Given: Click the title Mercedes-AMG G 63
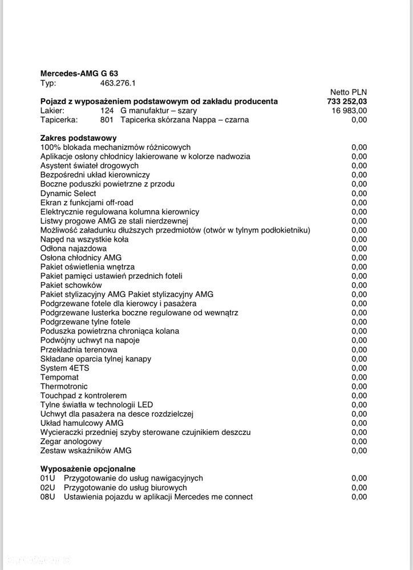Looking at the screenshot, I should pyautogui.click(x=79, y=74).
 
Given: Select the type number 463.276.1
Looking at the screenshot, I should pyautogui.click(x=118, y=83).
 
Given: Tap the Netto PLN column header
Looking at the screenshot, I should pyautogui.click(x=349, y=92).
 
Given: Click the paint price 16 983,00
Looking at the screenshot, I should pyautogui.click(x=349, y=111).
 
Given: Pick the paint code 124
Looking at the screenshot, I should pyautogui.click(x=108, y=111).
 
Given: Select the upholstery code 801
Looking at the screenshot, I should pyautogui.click(x=108, y=120).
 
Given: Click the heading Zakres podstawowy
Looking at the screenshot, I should pyautogui.click(x=79, y=138).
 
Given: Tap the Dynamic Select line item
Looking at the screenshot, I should pyautogui.click(x=68, y=193).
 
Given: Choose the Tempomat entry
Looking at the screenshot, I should pyautogui.click(x=60, y=377).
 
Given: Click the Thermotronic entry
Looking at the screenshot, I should pyautogui.click(x=64, y=386).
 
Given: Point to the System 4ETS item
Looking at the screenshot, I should pyautogui.click(x=65, y=368).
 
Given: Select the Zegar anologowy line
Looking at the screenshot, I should pyautogui.click(x=71, y=441).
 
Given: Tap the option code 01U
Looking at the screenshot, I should pyautogui.click(x=48, y=478).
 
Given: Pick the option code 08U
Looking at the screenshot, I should pyautogui.click(x=48, y=496).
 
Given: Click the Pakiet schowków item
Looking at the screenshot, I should pyautogui.click(x=71, y=285).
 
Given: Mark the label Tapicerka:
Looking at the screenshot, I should pyautogui.click(x=59, y=120).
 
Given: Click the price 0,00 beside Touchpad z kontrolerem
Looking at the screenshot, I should pyautogui.click(x=359, y=395).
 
